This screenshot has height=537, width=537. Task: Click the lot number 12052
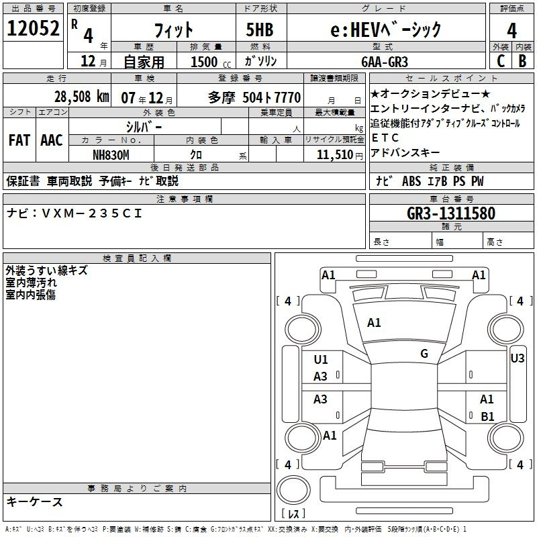click(x=33, y=28)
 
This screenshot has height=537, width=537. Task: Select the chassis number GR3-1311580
click(x=451, y=213)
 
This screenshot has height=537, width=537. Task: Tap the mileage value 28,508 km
click(x=82, y=97)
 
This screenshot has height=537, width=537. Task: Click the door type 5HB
click(x=260, y=30)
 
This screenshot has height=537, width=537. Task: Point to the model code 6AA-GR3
click(x=385, y=62)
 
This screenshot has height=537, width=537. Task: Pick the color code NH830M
click(x=111, y=155)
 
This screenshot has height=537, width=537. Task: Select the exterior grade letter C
click(x=501, y=61)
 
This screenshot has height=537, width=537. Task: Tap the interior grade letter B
click(x=522, y=61)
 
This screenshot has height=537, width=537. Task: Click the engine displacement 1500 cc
click(x=211, y=62)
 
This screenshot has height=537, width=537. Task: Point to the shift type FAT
click(x=19, y=140)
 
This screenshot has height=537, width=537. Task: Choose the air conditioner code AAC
click(x=52, y=140)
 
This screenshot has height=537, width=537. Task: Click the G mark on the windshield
click(x=424, y=354)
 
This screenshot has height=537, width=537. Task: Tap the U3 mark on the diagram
click(x=517, y=358)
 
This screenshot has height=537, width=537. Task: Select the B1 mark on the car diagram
click(x=487, y=416)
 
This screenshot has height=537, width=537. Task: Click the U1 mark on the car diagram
click(x=321, y=360)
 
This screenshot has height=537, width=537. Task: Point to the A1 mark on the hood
click(x=374, y=323)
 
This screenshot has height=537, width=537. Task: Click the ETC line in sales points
click(x=385, y=138)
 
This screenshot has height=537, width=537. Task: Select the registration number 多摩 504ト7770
click(x=254, y=97)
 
